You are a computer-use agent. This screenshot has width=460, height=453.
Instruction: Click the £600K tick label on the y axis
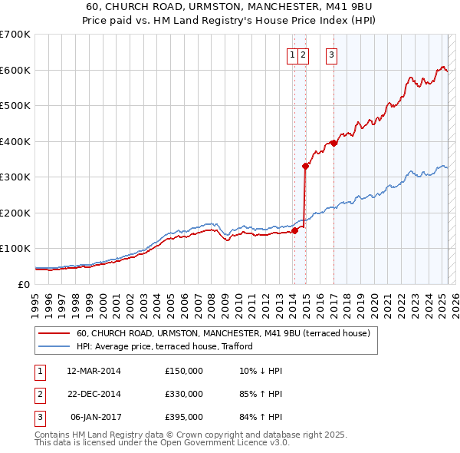tap(15, 70)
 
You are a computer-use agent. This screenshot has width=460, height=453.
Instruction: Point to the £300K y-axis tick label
tap(15, 177)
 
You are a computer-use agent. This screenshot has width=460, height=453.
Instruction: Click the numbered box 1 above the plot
tap(293, 55)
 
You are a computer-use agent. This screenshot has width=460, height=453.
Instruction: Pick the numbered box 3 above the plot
tap(332, 55)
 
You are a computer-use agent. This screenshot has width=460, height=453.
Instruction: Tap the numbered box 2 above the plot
tap(304, 55)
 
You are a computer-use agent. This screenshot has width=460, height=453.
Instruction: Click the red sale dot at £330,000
tap(305, 166)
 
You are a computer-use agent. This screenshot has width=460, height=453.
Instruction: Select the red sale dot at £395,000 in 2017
tap(333, 143)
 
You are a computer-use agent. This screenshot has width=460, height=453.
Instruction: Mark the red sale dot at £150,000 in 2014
tap(294, 230)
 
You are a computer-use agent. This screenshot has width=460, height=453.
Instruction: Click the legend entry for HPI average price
tap(165, 346)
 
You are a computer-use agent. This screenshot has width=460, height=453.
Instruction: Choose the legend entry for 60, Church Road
tap(223, 333)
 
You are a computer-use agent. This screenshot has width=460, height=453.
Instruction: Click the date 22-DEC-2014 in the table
tap(94, 394)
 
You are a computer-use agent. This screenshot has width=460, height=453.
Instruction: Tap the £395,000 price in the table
tap(184, 417)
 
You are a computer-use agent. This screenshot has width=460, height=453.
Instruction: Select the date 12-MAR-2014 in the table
tap(94, 371)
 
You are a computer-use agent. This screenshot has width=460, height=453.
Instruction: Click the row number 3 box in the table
tap(39, 417)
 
